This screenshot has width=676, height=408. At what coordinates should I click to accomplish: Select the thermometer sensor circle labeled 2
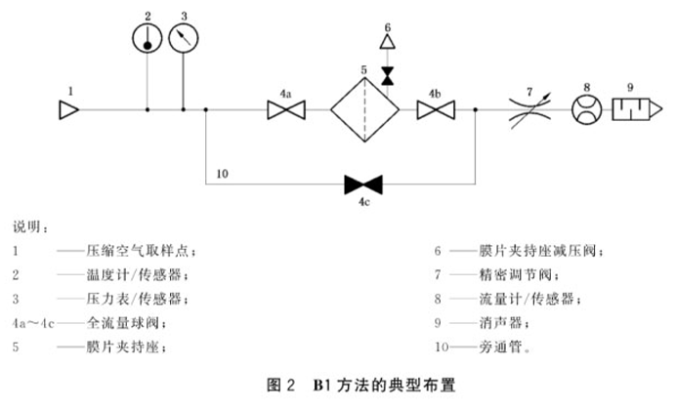click(148, 38)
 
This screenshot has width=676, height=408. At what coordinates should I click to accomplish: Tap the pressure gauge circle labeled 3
click(182, 38)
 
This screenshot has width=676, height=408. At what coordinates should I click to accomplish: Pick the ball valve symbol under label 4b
click(433, 110)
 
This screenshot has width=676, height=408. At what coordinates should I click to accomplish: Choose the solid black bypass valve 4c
click(362, 183)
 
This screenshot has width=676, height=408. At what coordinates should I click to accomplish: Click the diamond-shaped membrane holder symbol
click(363, 110)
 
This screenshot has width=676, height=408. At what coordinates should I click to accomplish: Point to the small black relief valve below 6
click(388, 74)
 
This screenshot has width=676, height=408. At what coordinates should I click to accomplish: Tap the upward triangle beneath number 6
click(388, 43)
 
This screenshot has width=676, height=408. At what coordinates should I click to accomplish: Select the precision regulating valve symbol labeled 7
click(530, 110)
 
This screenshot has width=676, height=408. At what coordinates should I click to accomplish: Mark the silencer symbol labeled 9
click(636, 110)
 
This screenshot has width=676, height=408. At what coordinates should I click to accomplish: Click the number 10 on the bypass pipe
click(222, 174)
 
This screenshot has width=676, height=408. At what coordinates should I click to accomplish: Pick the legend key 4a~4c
click(31, 321)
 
